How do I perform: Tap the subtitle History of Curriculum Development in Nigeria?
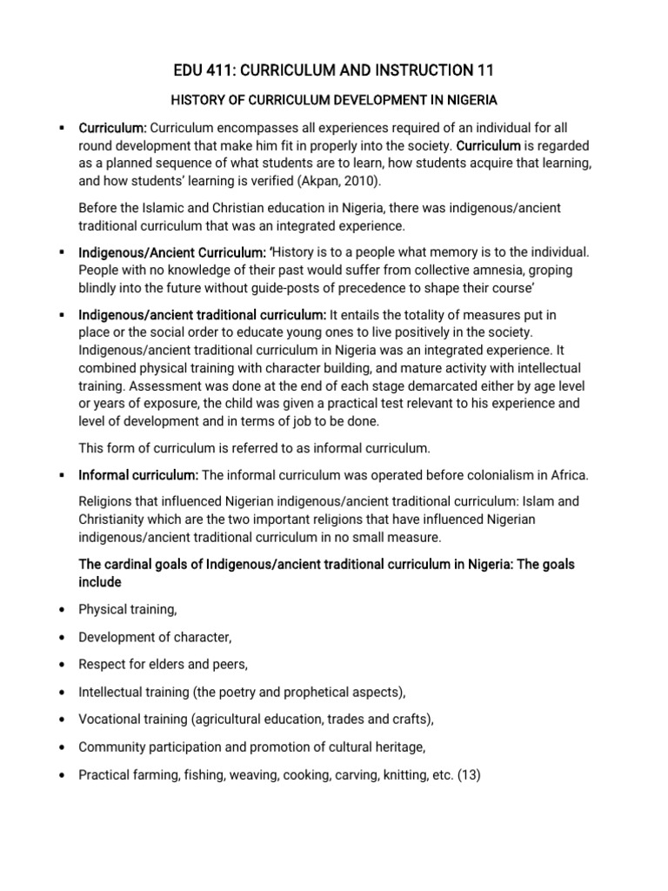[334, 99]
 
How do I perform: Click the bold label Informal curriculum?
[138, 475]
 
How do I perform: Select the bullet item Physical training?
[133, 609]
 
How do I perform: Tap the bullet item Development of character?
[156, 637]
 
